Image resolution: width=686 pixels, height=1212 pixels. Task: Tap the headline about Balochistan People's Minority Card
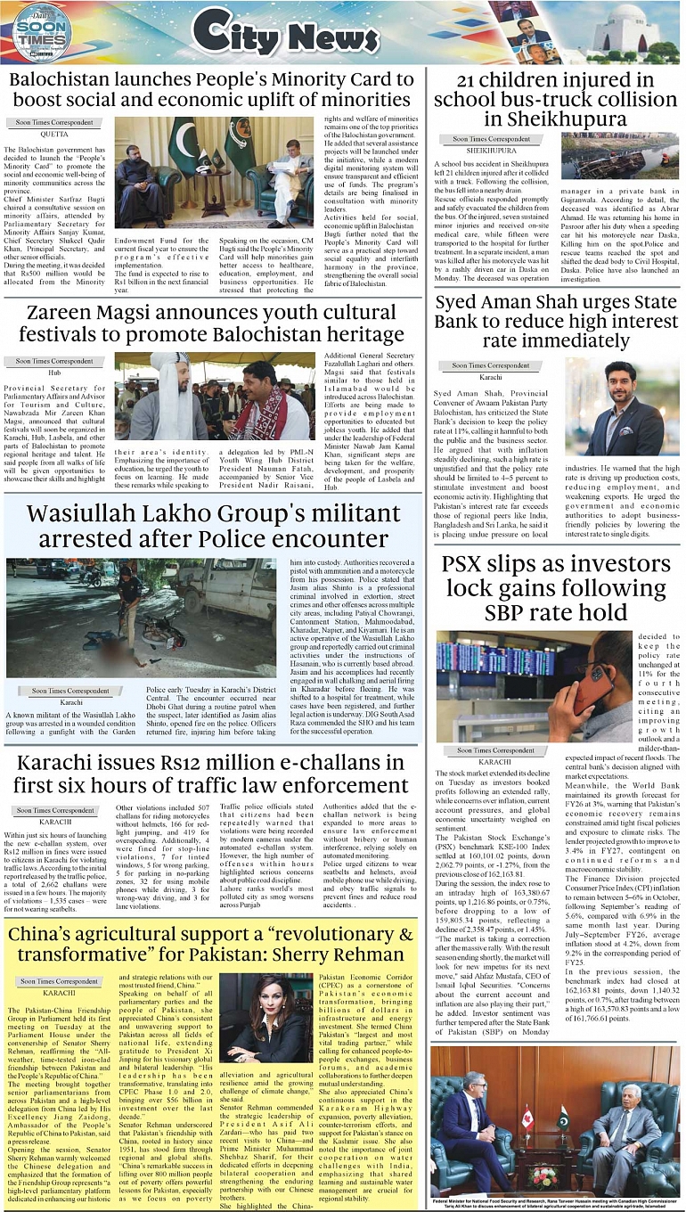(211, 90)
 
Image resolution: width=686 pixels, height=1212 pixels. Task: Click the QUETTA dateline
(54, 134)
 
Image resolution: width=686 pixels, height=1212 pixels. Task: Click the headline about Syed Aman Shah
(555, 321)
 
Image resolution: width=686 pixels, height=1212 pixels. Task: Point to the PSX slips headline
(555, 588)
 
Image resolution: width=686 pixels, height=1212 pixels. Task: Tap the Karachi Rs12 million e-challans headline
(211, 775)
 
